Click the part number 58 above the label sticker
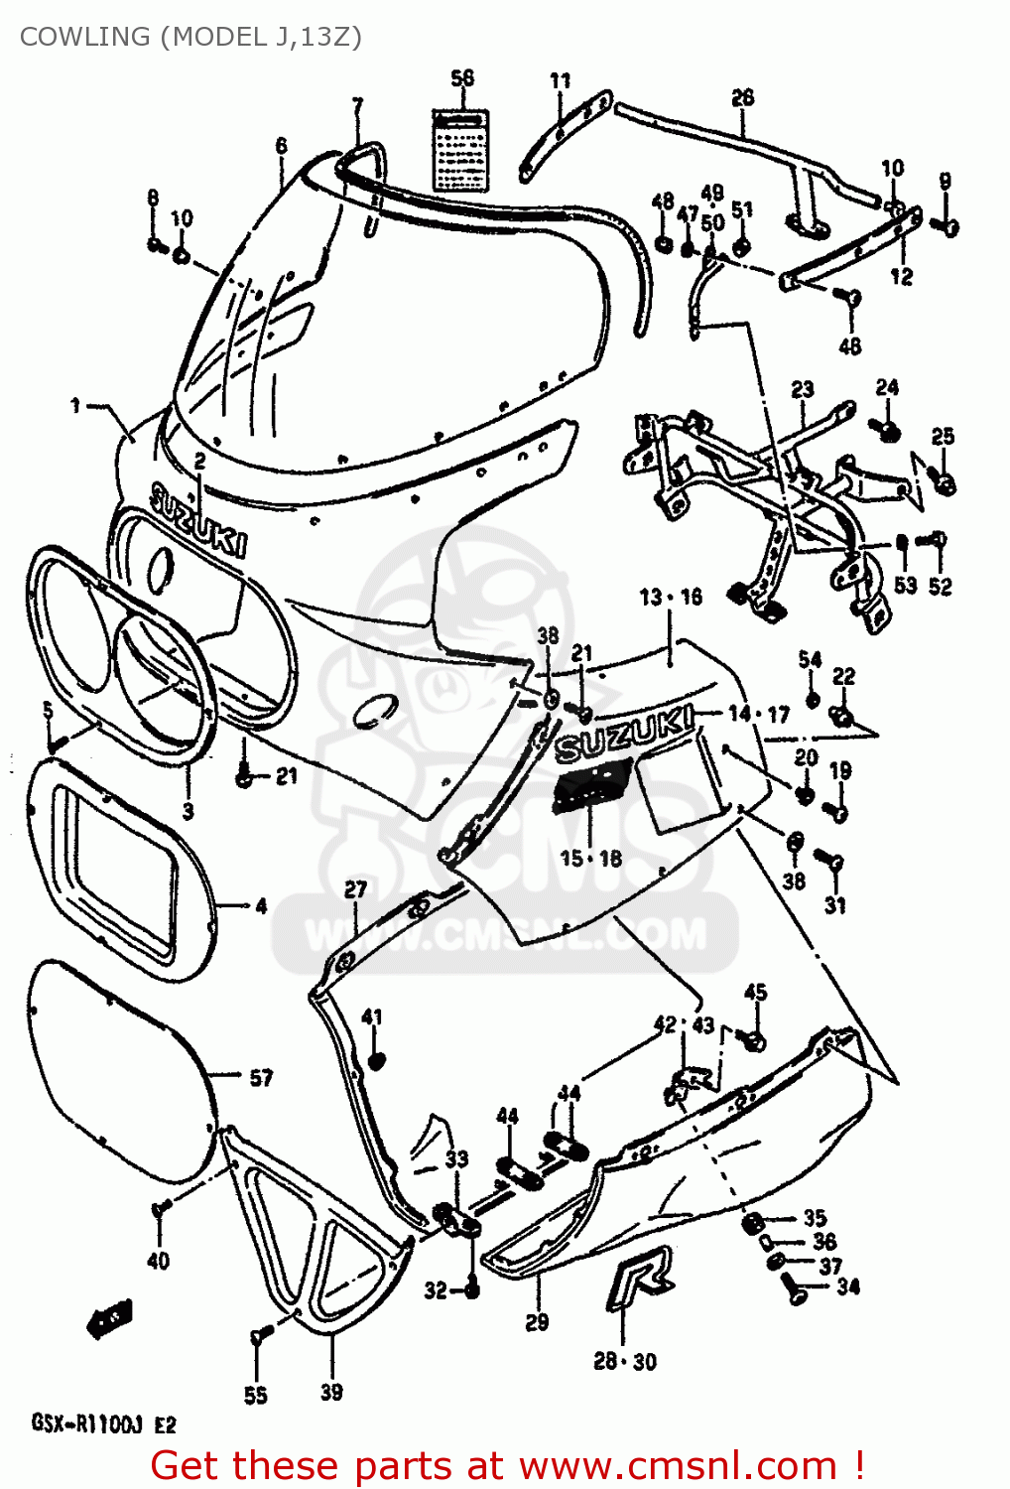pyautogui.click(x=462, y=78)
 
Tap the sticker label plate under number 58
pyautogui.click(x=462, y=149)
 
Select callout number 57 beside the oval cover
pyautogui.click(x=261, y=1077)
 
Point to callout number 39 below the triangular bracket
pyautogui.click(x=331, y=1392)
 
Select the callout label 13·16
pyautogui.click(x=671, y=597)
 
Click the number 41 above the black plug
pyautogui.click(x=372, y=1016)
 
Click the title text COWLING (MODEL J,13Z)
pyautogui.click(x=190, y=37)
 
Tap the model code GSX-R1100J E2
pyautogui.click(x=103, y=1424)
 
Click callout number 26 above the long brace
pyautogui.click(x=742, y=96)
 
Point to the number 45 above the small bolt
pyautogui.click(x=755, y=992)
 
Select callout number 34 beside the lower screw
pyautogui.click(x=848, y=1286)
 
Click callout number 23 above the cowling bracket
pyautogui.click(x=802, y=389)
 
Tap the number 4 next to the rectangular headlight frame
pyautogui.click(x=261, y=905)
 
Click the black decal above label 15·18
pyautogui.click(x=593, y=785)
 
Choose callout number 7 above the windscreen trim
pyautogui.click(x=357, y=104)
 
